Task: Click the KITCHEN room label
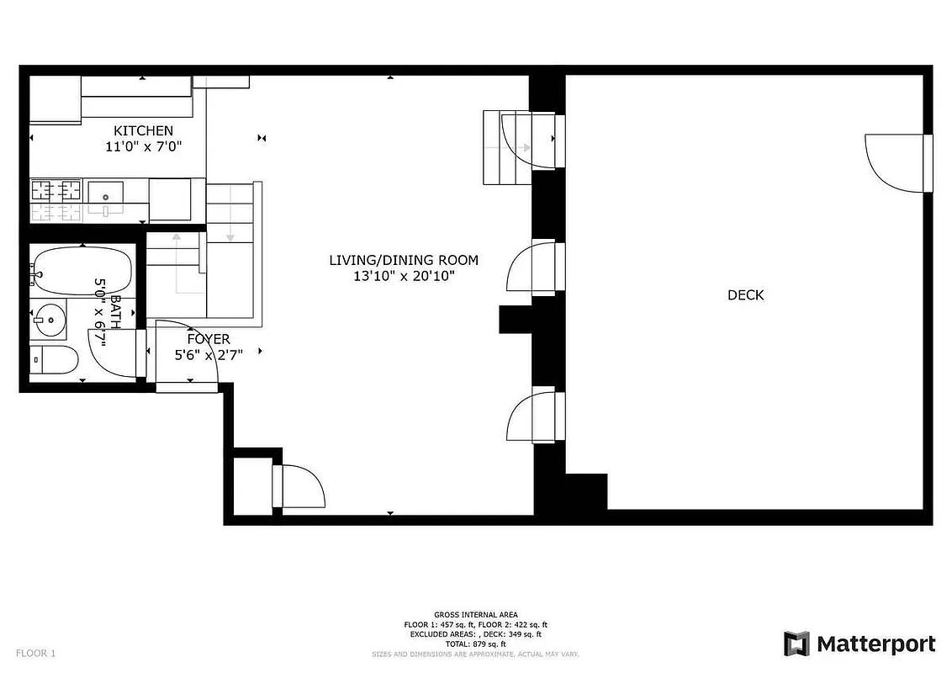144,130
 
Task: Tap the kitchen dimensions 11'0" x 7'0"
144,146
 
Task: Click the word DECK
746,295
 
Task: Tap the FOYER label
209,339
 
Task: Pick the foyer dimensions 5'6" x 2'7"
209,355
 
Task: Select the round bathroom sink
49,319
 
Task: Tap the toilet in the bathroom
54,360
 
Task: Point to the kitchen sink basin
106,194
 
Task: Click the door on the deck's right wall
896,162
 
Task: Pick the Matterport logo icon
796,644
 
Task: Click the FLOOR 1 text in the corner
35,653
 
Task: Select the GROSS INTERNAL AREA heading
476,615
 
